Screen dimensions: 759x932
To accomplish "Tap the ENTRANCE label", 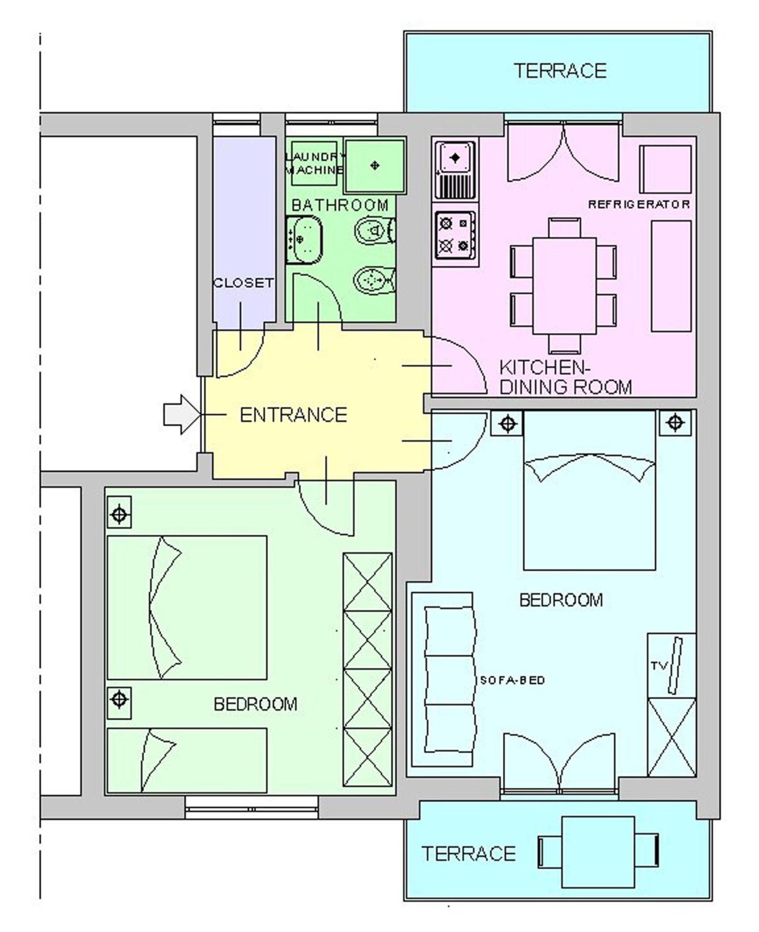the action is pyautogui.click(x=293, y=415).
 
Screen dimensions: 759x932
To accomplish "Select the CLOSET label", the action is pyautogui.click(x=244, y=282).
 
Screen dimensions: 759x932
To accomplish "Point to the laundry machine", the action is pyautogui.click(x=314, y=163).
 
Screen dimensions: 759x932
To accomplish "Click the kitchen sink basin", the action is pyautogui.click(x=455, y=158).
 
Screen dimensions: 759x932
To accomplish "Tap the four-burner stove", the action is pyautogui.click(x=455, y=235).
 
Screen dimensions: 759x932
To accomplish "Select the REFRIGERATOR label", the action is pyautogui.click(x=639, y=204).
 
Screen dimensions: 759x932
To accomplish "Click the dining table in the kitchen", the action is pyautogui.click(x=564, y=285).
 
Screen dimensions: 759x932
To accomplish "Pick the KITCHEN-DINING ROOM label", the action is pyautogui.click(x=565, y=377).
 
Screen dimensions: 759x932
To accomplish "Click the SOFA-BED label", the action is pyautogui.click(x=512, y=680).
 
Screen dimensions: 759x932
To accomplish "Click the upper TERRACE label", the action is pyautogui.click(x=560, y=70).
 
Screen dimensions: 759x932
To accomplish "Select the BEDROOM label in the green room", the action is pyautogui.click(x=255, y=704).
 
